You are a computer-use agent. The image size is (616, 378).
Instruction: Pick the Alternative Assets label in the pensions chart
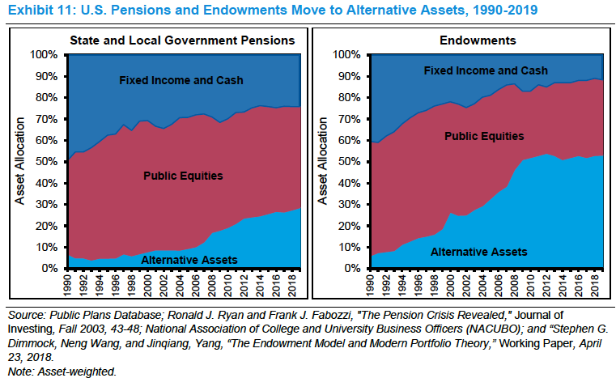pos(189,259)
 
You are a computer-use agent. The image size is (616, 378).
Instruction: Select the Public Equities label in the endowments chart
pos(484,136)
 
